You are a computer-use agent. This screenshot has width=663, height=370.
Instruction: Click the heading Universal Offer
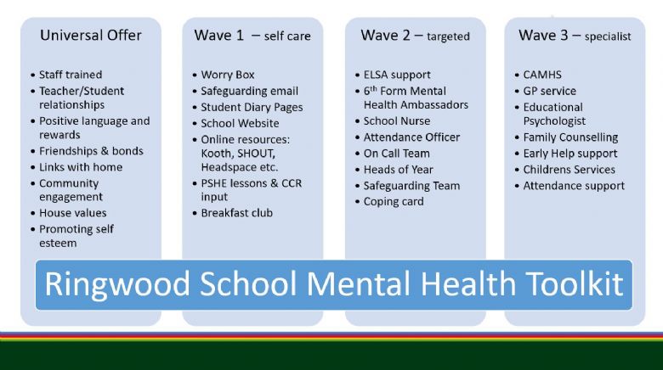tap(90, 35)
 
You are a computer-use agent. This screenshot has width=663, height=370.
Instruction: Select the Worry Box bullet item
tap(228, 75)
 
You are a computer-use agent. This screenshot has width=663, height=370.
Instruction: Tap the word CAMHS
tap(542, 75)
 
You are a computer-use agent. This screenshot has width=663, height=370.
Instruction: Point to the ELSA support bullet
tap(397, 75)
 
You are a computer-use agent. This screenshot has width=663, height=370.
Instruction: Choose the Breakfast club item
tap(237, 213)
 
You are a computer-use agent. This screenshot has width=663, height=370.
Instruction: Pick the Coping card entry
tap(394, 202)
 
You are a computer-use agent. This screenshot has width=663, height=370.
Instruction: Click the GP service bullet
tap(550, 91)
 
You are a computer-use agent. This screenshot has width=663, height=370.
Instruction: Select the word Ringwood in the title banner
tap(117, 284)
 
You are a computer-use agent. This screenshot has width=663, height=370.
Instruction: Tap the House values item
tap(73, 213)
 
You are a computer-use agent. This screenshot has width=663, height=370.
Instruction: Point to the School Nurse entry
tap(397, 121)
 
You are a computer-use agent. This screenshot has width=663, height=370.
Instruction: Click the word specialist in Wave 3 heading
tap(608, 36)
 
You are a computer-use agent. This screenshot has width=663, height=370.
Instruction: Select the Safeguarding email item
tap(249, 92)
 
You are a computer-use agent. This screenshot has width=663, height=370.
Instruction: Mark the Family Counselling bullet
tap(570, 137)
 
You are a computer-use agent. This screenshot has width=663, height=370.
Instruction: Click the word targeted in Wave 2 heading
tap(448, 36)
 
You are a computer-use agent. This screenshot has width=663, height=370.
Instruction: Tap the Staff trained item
tap(71, 75)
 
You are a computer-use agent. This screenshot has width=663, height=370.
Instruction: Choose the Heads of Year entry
tap(399, 170)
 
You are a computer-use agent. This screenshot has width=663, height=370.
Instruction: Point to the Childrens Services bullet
tap(569, 170)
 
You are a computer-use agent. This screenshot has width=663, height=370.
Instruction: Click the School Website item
tap(240, 123)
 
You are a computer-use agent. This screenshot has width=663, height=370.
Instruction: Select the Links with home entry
tap(81, 167)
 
